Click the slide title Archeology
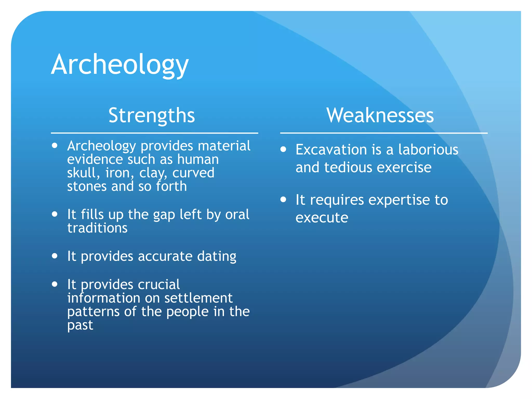click(x=120, y=64)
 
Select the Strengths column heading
click(x=152, y=115)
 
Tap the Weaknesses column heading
click(x=380, y=115)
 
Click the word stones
click(x=87, y=187)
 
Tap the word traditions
click(x=97, y=228)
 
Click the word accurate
click(x=165, y=256)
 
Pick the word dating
click(x=217, y=257)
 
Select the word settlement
click(x=198, y=298)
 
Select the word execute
click(x=322, y=218)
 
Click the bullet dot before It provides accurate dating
click(x=55, y=256)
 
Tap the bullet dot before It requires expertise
click(x=283, y=199)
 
